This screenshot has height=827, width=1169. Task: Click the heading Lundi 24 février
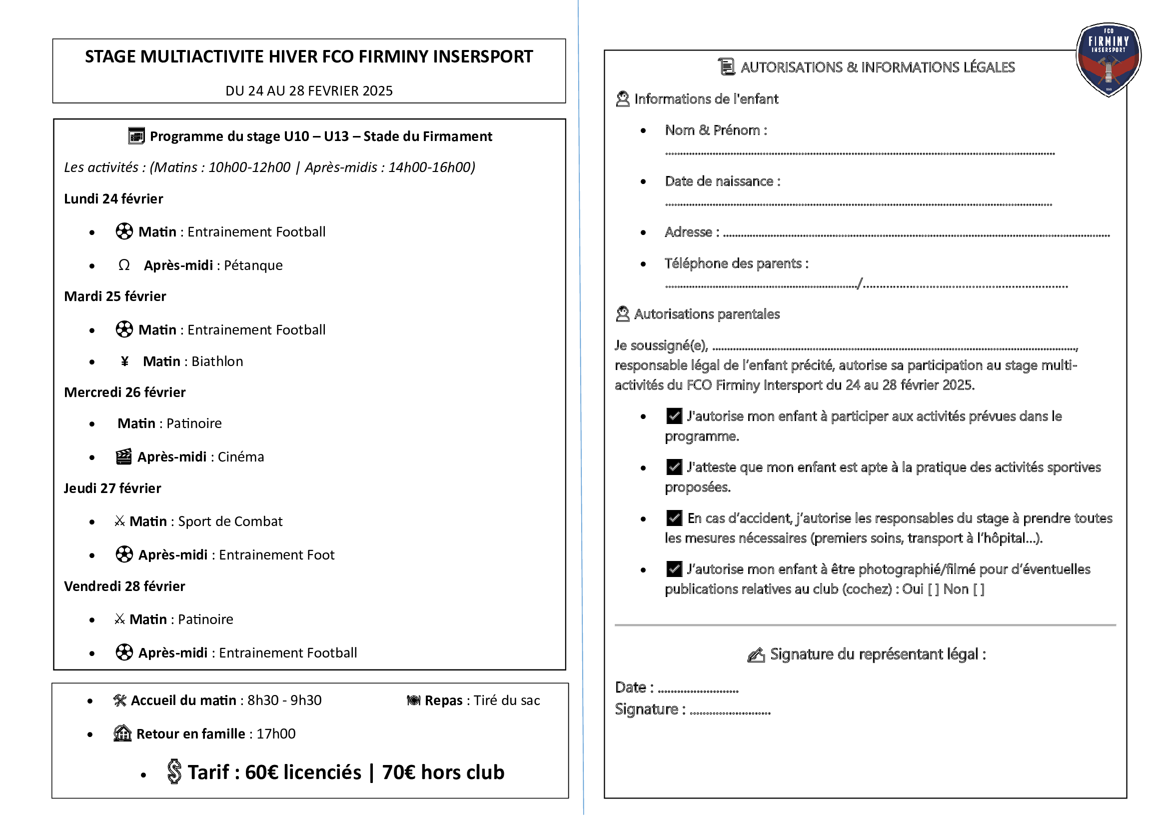tap(113, 198)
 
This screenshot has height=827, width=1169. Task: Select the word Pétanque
tap(253, 265)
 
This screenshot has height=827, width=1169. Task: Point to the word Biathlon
tap(217, 361)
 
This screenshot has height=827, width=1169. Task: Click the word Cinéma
tap(241, 457)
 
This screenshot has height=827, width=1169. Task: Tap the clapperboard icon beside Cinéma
tap(124, 457)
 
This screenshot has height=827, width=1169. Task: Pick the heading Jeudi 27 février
tap(112, 488)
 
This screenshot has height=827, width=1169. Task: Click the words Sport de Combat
tap(230, 521)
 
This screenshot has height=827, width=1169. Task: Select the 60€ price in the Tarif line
tap(262, 772)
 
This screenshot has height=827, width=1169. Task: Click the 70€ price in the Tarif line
tap(399, 772)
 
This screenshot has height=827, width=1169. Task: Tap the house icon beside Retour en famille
tap(122, 733)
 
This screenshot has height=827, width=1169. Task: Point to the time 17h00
tap(276, 734)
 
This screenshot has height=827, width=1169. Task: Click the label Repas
tap(443, 700)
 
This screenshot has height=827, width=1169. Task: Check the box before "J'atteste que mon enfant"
tap(674, 467)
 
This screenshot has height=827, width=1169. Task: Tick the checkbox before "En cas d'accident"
tap(674, 518)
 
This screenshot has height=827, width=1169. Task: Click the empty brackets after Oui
tap(933, 589)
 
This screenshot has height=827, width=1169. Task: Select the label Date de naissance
tap(719, 181)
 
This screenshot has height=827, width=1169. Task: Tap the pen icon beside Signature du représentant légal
tap(756, 655)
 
